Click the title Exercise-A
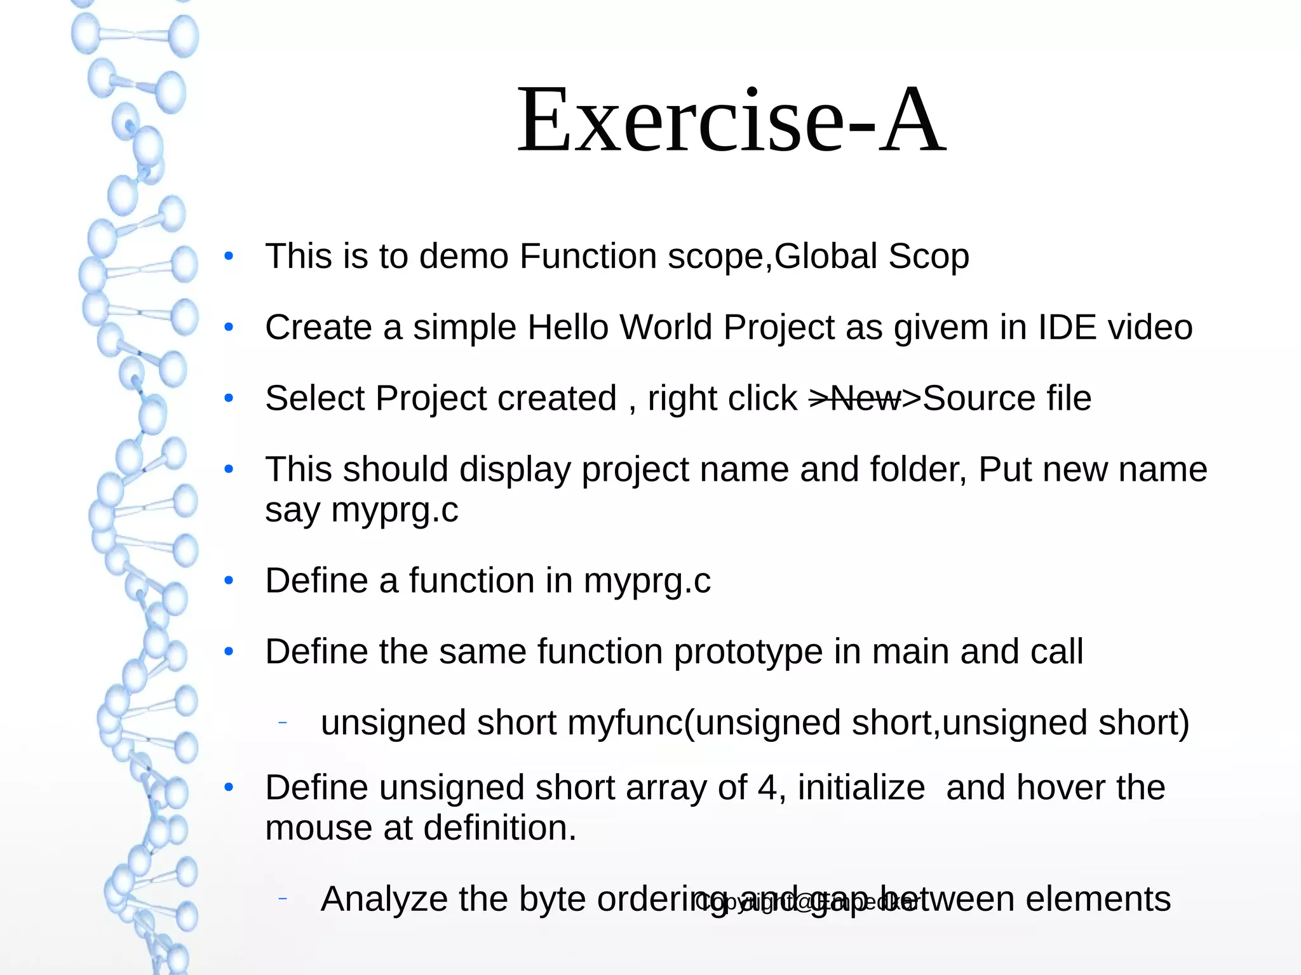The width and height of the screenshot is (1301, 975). [x=731, y=121]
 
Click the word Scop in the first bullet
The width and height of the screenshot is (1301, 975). [x=928, y=257]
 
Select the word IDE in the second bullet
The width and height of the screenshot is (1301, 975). [x=1067, y=328]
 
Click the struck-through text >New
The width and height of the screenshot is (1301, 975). [x=854, y=399]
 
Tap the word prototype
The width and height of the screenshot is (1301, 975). [x=747, y=653]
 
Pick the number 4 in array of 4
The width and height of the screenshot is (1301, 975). [x=767, y=788]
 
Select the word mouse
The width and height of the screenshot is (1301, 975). [x=318, y=829]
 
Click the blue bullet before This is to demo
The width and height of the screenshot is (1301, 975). [x=229, y=257]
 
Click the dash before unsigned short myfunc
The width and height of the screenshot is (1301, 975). [x=283, y=723]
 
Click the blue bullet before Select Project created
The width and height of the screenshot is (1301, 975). [x=229, y=399]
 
